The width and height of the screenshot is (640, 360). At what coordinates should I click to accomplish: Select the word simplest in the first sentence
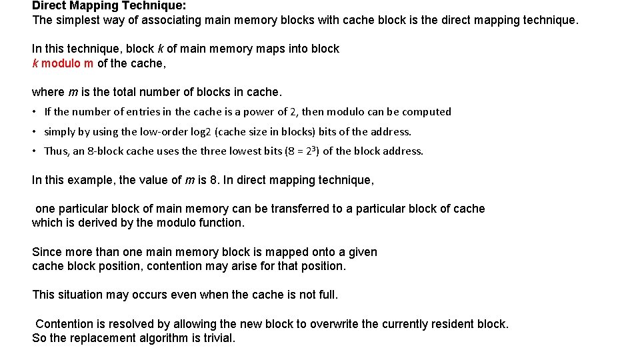click(x=77, y=20)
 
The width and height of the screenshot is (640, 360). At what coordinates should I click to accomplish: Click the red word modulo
click(x=61, y=63)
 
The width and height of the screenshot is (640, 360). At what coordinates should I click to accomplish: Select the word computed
click(x=427, y=112)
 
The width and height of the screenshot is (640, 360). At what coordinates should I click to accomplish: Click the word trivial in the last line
click(x=217, y=338)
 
